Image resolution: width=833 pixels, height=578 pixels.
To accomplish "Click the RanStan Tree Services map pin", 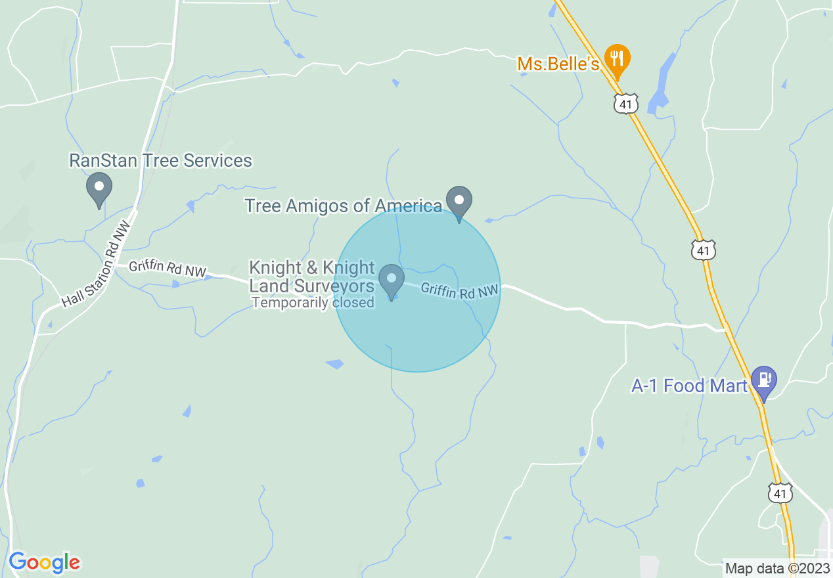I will (99, 188).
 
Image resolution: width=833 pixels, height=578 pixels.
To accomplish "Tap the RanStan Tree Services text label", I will (161, 161).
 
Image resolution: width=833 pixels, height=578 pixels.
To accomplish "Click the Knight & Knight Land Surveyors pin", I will (392, 280).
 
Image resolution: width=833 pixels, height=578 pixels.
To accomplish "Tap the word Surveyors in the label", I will (334, 286).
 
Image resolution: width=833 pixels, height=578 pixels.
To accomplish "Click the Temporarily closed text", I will (313, 303).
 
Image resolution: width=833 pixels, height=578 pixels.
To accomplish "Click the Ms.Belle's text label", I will (558, 64).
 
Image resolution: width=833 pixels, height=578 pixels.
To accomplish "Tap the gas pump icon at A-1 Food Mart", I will (763, 380).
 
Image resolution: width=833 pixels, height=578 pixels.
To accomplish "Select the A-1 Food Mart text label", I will (689, 386).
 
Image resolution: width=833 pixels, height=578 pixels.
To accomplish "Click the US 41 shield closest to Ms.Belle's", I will (626, 103).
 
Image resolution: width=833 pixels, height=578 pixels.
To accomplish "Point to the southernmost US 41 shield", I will (780, 493).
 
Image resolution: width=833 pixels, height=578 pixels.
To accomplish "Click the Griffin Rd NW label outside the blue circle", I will (168, 269).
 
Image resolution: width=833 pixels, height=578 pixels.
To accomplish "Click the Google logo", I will (44, 562).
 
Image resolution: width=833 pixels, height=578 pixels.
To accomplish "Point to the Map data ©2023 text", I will (777, 568).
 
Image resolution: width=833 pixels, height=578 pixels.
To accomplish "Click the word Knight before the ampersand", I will (275, 269).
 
